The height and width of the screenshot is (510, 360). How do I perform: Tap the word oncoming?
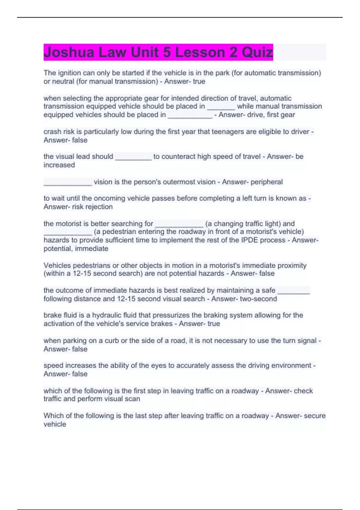pos(108,198)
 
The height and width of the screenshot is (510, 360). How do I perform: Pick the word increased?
pos(59,165)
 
